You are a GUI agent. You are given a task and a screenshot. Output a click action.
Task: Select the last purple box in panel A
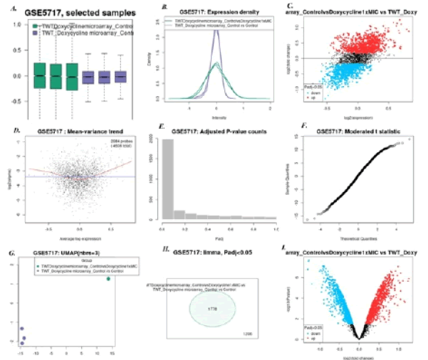(121, 76)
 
